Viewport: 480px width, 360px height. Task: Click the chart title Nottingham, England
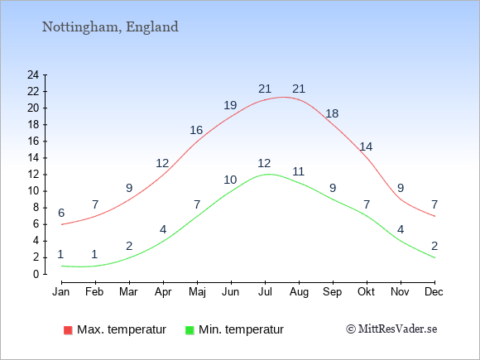click(110, 27)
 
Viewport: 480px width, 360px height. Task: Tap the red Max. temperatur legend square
click(68, 330)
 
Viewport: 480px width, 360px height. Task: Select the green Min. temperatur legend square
click(190, 330)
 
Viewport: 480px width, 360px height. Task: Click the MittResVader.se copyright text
click(391, 329)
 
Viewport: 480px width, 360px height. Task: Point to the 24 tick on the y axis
click(33, 74)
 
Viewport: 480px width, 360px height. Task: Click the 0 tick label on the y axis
click(36, 274)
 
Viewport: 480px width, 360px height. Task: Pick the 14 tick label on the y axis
click(33, 157)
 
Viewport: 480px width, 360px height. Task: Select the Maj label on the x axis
click(197, 292)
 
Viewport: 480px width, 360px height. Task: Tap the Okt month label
click(366, 292)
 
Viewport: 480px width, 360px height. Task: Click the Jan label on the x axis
click(61, 292)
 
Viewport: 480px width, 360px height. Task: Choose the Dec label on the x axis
click(434, 292)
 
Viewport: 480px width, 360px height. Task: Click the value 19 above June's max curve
click(230, 105)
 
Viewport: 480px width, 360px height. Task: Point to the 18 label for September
click(332, 113)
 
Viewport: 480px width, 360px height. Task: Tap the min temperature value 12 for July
click(264, 163)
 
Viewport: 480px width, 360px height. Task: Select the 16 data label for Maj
click(196, 130)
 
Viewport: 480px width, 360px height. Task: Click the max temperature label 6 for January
click(61, 213)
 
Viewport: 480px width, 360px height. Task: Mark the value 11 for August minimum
click(299, 171)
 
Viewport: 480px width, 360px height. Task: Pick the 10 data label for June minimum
click(230, 180)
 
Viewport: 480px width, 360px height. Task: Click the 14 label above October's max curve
click(366, 147)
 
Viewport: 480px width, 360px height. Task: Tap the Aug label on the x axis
click(299, 292)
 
